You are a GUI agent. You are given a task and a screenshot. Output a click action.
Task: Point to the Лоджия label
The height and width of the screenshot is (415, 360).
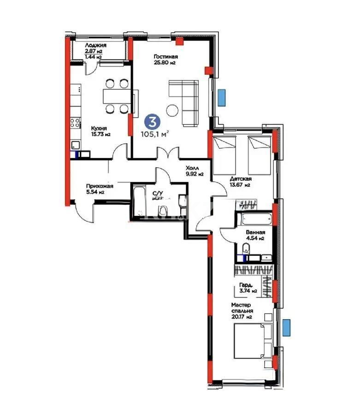tap(96, 48)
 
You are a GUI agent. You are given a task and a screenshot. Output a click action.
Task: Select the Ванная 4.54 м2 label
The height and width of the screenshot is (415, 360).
tap(254, 236)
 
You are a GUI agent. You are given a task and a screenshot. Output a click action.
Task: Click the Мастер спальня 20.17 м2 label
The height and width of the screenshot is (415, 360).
tap(242, 311)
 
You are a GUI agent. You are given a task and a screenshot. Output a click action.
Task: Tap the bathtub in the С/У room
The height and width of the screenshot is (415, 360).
tap(139, 199)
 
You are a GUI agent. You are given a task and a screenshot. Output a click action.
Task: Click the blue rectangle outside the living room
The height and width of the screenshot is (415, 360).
tap(222, 96)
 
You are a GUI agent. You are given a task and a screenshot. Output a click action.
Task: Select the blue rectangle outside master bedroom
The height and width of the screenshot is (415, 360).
tap(287, 327)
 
